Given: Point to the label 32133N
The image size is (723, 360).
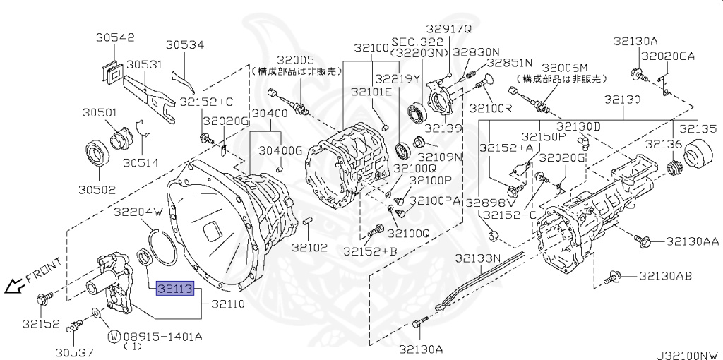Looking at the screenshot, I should coord(477,258).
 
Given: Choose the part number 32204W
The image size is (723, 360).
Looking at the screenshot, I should coord(138,211).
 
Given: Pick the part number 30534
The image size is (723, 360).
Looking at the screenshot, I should coord(184,45).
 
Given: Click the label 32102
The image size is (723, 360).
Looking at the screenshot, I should coord(311,247).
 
